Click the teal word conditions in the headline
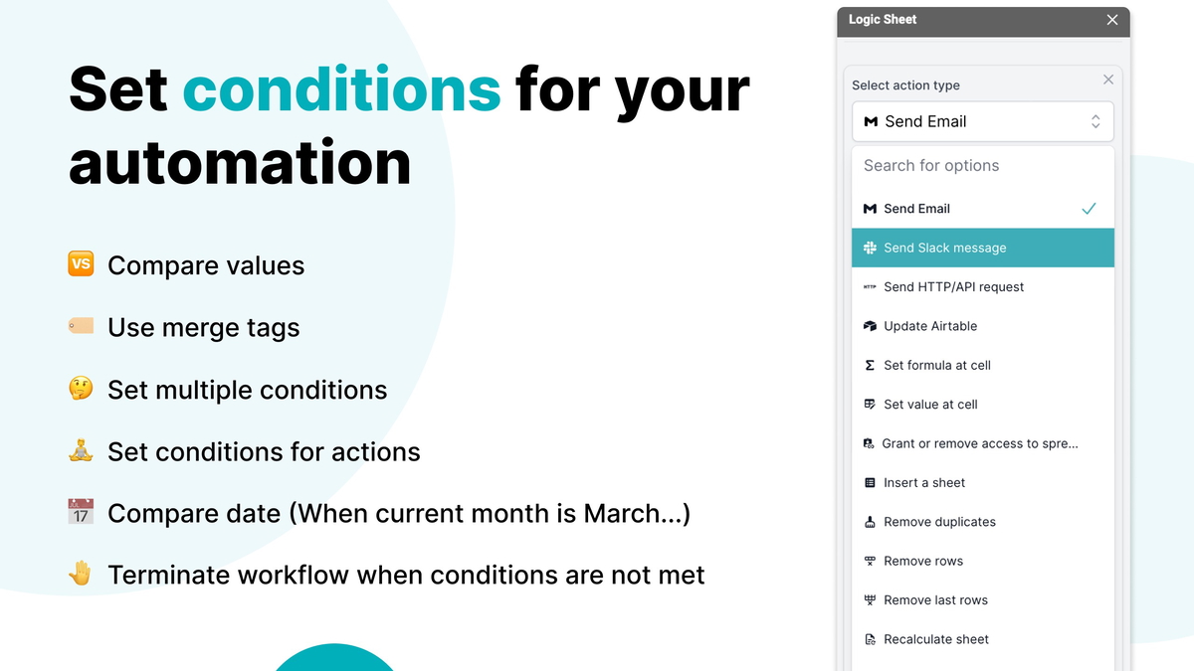[341, 89]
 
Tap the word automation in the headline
[240, 162]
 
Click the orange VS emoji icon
[81, 264]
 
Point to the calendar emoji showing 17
[81, 513]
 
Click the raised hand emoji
[81, 574]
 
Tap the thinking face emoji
[81, 389]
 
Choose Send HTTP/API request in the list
[953, 287]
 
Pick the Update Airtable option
[930, 326]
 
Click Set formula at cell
[936, 365]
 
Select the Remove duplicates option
[939, 522]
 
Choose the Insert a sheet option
[924, 483]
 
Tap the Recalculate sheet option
[936, 639]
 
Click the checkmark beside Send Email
[1089, 209]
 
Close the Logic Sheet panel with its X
[1112, 20]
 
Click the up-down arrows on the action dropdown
[1095, 121]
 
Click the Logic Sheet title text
[883, 20]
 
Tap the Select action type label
[905, 85]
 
